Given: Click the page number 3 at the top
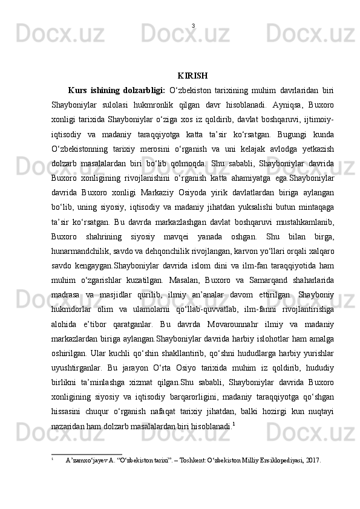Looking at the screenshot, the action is (192, 26).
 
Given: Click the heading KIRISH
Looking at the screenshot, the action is (193, 76).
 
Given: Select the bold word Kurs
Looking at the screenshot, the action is (80, 91).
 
